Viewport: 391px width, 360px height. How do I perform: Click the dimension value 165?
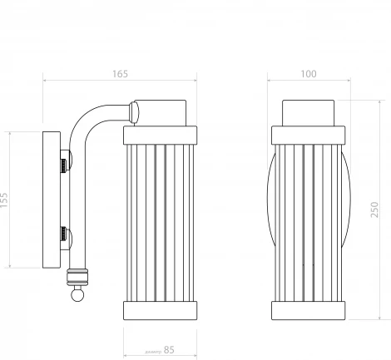[x=119, y=74]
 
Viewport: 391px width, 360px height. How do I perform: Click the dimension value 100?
[x=309, y=74]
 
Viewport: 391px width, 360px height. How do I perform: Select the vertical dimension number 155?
[x=6, y=200]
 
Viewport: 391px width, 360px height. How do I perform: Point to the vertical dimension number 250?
[x=376, y=210]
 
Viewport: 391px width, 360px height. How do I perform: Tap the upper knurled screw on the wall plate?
[x=64, y=162]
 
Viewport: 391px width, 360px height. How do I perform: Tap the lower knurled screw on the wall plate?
[x=64, y=234]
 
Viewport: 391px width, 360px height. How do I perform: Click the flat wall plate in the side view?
[x=51, y=200]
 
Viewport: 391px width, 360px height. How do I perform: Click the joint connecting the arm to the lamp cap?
[x=134, y=109]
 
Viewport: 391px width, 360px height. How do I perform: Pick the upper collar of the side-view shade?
[x=160, y=135]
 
